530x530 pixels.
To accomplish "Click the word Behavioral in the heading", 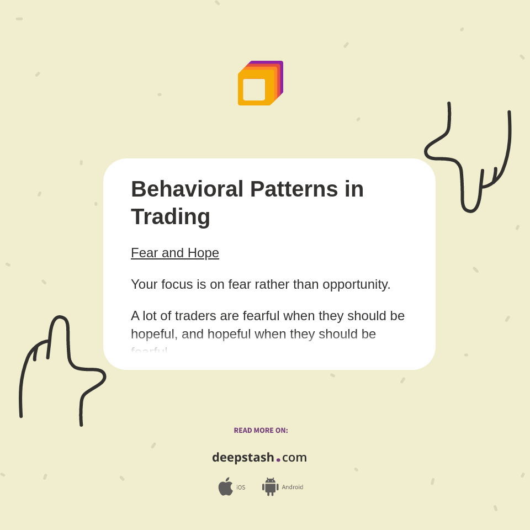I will (x=187, y=189).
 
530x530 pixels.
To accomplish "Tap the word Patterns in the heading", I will (x=294, y=189).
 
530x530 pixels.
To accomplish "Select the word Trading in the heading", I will (x=171, y=216).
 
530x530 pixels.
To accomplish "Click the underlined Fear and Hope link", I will (x=175, y=253).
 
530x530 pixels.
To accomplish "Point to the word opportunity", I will (x=356, y=284).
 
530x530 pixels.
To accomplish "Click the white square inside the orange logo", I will (x=254, y=89).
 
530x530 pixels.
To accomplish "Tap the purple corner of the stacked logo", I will (x=280, y=65).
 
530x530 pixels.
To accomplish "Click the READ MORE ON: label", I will (x=261, y=431).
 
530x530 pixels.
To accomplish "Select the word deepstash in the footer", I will (x=243, y=458).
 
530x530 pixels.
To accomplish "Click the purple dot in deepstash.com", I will (x=278, y=460).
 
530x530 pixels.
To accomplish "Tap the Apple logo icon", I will (x=225, y=487).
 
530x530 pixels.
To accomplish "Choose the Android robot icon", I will (x=271, y=487).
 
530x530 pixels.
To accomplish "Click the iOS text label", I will (x=241, y=487).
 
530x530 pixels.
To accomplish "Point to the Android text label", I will (x=293, y=487).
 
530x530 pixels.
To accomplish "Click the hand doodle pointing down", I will (x=470, y=160).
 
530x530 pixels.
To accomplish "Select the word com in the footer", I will (x=294, y=458).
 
